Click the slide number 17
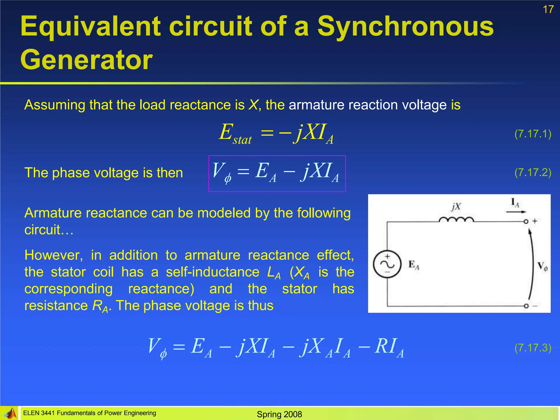click(x=548, y=10)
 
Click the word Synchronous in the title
click(x=405, y=26)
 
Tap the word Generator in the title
click(x=86, y=60)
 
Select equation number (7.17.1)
click(x=533, y=134)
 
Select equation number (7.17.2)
click(x=533, y=173)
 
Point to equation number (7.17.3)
click(x=533, y=348)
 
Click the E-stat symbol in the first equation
click(x=235, y=134)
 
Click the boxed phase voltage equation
click(x=277, y=173)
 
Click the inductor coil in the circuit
click(x=456, y=219)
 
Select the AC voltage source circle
click(x=387, y=264)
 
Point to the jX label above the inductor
click(x=456, y=207)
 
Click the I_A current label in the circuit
click(x=515, y=203)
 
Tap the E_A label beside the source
click(x=413, y=265)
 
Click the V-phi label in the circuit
click(x=542, y=266)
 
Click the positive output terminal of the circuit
click(x=526, y=221)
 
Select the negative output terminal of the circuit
click(x=526, y=306)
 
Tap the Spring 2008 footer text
click(x=279, y=414)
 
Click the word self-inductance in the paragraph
click(x=212, y=272)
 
